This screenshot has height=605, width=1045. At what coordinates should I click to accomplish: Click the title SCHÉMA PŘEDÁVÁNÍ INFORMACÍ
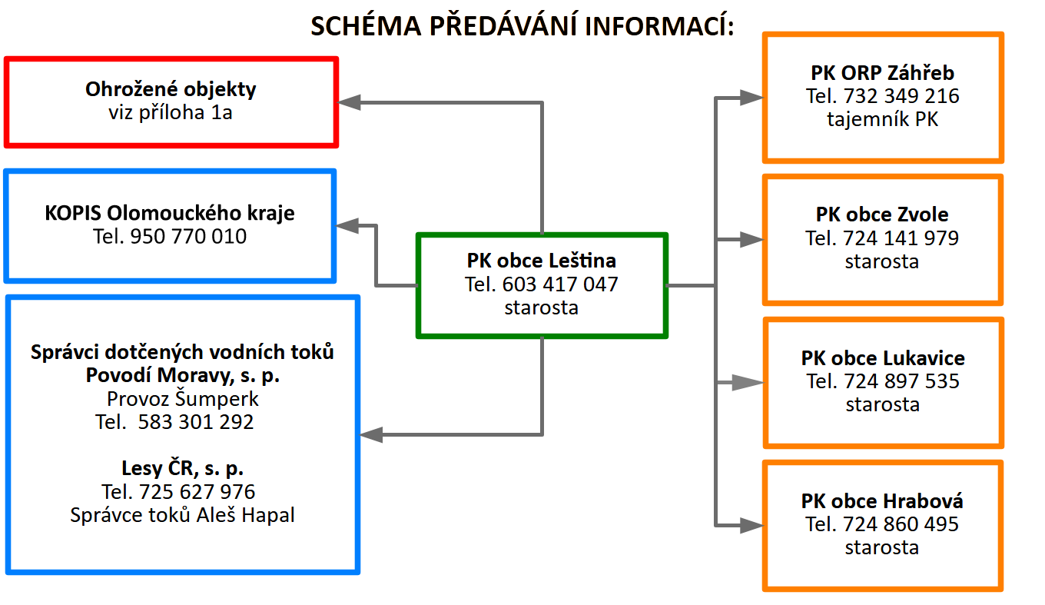tap(522, 25)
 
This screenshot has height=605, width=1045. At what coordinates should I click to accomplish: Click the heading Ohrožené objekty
tap(171, 88)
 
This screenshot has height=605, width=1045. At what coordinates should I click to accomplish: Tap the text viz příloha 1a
tap(171, 112)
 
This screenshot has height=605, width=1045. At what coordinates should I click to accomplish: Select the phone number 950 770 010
tap(189, 236)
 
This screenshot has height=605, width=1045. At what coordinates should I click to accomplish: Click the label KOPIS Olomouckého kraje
tap(170, 212)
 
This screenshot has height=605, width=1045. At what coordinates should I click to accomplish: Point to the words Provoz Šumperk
tap(183, 399)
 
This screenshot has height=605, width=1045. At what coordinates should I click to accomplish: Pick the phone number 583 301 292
tap(196, 422)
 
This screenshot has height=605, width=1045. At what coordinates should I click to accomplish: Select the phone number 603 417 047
tap(560, 284)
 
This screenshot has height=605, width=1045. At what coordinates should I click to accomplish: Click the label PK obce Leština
tap(542, 261)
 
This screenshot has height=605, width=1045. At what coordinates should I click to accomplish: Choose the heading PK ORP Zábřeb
tap(882, 73)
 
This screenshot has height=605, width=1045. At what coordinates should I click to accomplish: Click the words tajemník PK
tap(882, 119)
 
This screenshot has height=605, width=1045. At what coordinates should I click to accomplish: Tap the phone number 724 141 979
tap(901, 238)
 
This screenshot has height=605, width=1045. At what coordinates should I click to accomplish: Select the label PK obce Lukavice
tap(883, 358)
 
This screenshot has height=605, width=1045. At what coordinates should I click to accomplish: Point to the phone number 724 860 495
tap(901, 524)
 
